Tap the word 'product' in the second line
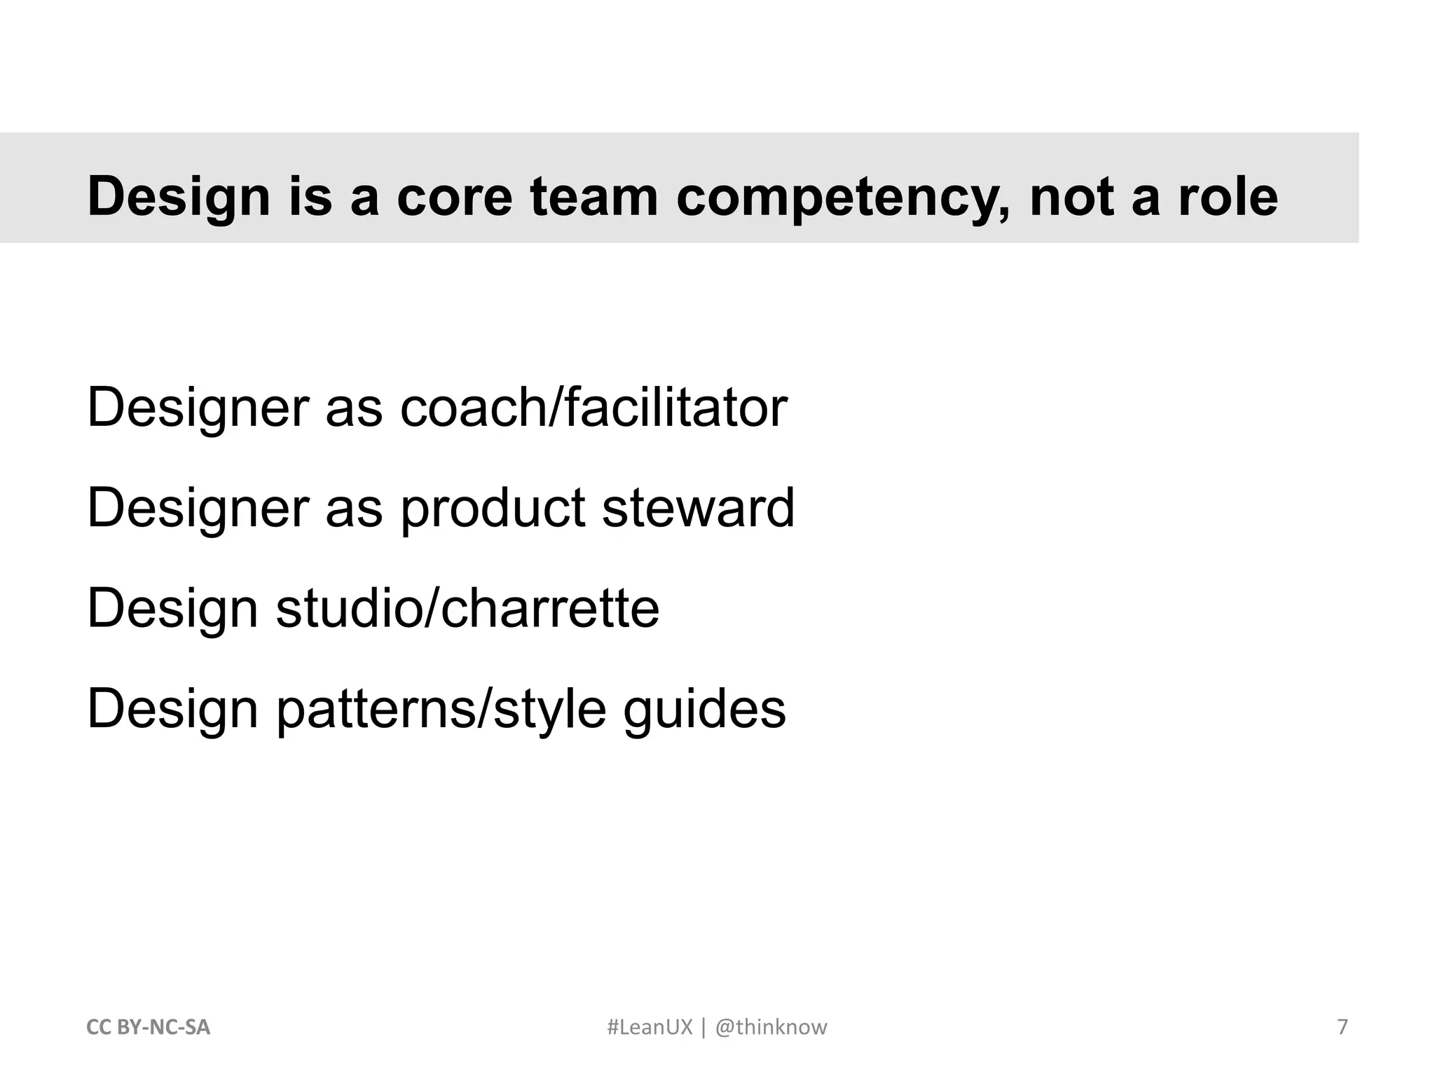[x=493, y=509]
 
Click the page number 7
[x=1343, y=1027]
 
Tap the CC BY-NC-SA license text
[x=148, y=1027]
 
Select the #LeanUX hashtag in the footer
[x=649, y=1027]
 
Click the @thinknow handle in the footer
[x=771, y=1027]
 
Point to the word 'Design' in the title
[x=179, y=198]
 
